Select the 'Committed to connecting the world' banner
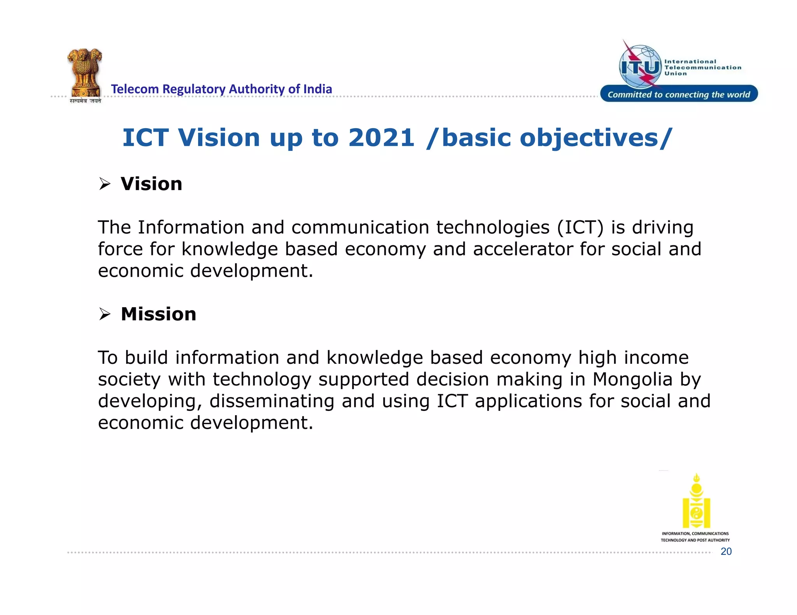click(x=679, y=94)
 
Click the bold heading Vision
click(x=151, y=184)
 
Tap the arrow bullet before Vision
click(x=104, y=183)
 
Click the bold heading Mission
click(x=158, y=314)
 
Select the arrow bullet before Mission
click(x=104, y=314)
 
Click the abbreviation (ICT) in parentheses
click(x=580, y=227)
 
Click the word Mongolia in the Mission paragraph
click(x=632, y=379)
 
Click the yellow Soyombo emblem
click(x=696, y=501)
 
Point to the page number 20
click(x=726, y=551)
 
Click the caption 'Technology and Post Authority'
click(x=695, y=540)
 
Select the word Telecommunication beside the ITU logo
click(x=702, y=68)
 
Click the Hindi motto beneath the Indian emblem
click(x=85, y=101)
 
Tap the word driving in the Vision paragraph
click(x=662, y=227)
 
